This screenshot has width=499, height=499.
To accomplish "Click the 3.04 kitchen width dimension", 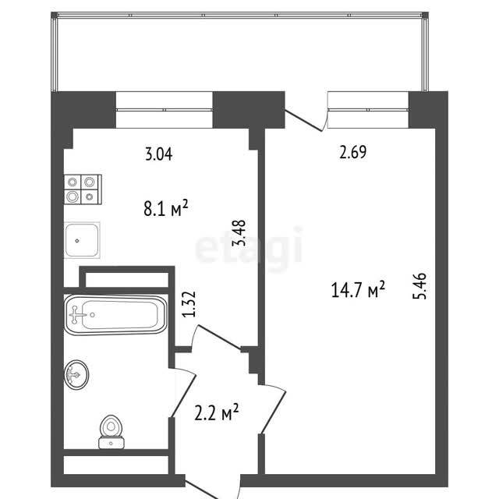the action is click(159, 154).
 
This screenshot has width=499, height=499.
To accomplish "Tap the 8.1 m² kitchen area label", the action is click(166, 208).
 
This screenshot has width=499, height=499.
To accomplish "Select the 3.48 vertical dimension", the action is click(239, 232).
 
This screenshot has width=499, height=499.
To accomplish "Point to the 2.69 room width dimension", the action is click(353, 152).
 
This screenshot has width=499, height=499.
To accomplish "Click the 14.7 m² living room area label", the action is click(358, 289).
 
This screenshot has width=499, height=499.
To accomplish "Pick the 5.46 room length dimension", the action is click(419, 286).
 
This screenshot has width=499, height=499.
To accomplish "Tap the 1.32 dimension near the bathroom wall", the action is click(189, 304).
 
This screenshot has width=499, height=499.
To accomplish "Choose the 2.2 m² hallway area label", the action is click(217, 412).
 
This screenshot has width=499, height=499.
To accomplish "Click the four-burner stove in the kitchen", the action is click(83, 189).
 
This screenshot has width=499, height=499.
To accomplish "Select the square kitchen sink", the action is click(82, 240).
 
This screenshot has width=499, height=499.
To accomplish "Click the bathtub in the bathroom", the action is click(115, 315).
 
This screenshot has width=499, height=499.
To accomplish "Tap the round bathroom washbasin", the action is click(76, 374).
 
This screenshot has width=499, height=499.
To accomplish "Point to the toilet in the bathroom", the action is click(111, 432).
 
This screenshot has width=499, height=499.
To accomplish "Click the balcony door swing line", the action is click(303, 120).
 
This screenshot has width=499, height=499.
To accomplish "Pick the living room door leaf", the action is click(274, 412).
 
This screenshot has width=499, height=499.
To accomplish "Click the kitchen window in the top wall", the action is click(165, 110).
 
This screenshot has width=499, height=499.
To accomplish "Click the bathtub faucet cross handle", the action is click(76, 315).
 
